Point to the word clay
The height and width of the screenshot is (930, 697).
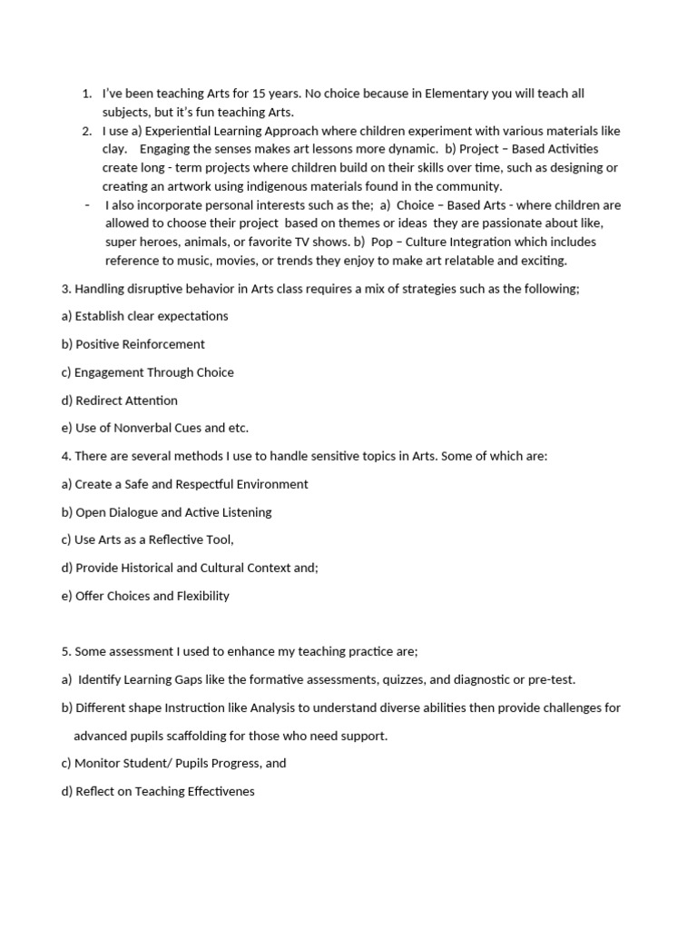click(114, 149)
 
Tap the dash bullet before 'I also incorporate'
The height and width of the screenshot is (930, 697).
click(86, 204)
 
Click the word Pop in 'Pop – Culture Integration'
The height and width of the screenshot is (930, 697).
click(382, 242)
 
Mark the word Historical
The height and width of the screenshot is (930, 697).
click(155, 568)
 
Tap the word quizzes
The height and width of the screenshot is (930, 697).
click(388, 679)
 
